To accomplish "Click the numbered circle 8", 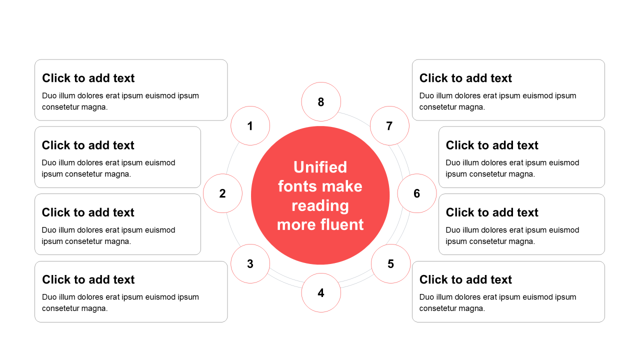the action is coord(321,101).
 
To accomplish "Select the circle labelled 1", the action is coord(250,125).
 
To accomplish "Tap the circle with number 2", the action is coord(222,193).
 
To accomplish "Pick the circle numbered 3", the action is coord(250,263).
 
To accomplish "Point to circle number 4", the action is coord(321,292).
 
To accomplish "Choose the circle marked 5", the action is coord(390,263).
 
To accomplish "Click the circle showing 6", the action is coord(417,193).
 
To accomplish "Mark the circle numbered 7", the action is coord(389,125).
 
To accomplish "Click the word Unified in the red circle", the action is coord(320,167).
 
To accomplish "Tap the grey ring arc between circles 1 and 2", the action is coord(230,158).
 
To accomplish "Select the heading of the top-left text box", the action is coord(88,78).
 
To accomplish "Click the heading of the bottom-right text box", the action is coord(465,279).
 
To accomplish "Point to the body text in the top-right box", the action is coord(497,101).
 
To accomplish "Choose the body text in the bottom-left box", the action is coord(120,302).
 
